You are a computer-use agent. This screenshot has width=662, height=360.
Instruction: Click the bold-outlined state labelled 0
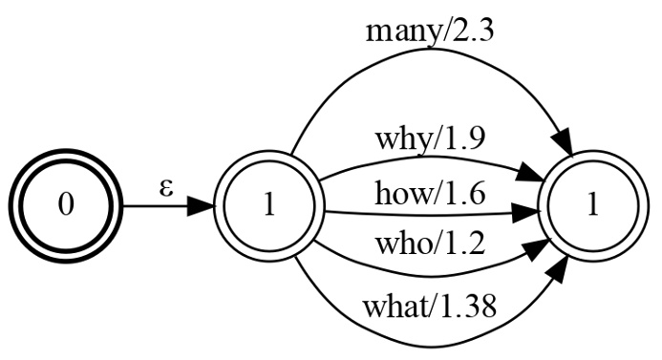[66, 207]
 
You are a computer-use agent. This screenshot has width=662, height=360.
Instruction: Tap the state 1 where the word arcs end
[592, 207]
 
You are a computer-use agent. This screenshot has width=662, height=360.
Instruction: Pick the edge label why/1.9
[430, 139]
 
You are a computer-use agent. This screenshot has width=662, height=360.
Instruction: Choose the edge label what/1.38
[430, 307]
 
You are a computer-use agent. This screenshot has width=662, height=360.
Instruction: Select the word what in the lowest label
[394, 307]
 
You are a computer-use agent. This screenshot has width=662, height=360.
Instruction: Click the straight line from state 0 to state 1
[153, 207]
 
